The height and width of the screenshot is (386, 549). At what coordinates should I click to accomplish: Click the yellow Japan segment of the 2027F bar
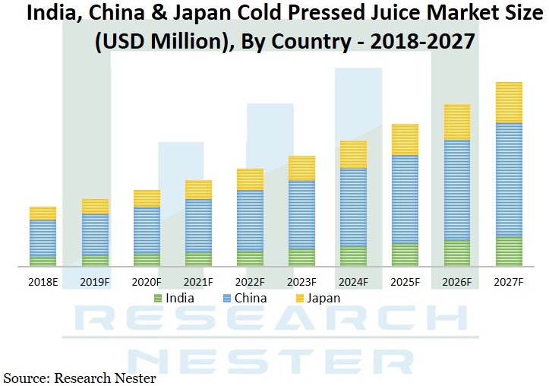(x=509, y=102)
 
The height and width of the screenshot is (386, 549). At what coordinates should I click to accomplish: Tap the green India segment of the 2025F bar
(x=405, y=255)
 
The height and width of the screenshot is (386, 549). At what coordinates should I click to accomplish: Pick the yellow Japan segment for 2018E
(x=43, y=213)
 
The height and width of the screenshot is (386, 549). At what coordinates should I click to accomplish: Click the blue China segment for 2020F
(x=147, y=230)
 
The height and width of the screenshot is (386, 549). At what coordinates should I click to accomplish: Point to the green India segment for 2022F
(x=250, y=258)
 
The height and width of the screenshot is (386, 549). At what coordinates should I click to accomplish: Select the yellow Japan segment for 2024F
(x=354, y=154)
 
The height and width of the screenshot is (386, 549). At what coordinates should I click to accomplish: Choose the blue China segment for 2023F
(x=301, y=214)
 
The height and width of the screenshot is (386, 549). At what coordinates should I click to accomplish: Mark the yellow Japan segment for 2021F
(x=198, y=189)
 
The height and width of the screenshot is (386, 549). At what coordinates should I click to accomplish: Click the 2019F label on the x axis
(x=95, y=282)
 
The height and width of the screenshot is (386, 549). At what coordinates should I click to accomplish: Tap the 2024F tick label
(x=354, y=282)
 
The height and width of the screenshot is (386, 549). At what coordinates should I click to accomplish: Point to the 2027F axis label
(x=509, y=282)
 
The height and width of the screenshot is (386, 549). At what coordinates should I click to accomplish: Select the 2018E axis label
(x=43, y=282)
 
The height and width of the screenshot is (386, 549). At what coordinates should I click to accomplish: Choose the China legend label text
(x=251, y=298)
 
